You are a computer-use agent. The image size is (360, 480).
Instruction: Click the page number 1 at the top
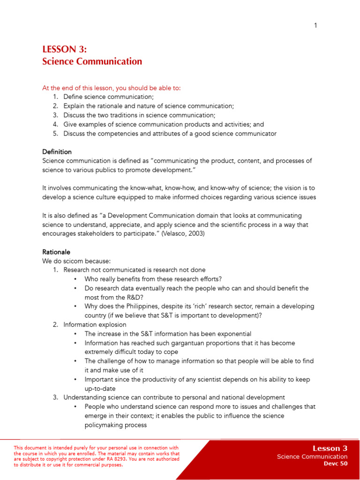coord(315,25)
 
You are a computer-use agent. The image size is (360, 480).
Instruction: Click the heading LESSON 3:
coord(64,50)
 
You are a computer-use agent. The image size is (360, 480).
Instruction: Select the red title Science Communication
coord(92,61)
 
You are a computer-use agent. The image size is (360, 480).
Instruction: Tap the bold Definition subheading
coord(57,152)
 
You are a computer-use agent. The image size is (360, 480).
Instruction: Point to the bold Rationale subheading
coord(56,252)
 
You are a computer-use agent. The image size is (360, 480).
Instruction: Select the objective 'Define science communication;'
coord(108,97)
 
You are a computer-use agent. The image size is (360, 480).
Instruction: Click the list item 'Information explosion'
coord(95,325)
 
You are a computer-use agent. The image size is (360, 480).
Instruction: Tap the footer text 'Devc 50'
coord(336,464)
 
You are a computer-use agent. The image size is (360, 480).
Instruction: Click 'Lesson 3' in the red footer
coord(330,449)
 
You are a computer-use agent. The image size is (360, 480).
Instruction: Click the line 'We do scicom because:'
coord(76,261)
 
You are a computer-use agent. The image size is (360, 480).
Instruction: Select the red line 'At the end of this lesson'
coord(111,88)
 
